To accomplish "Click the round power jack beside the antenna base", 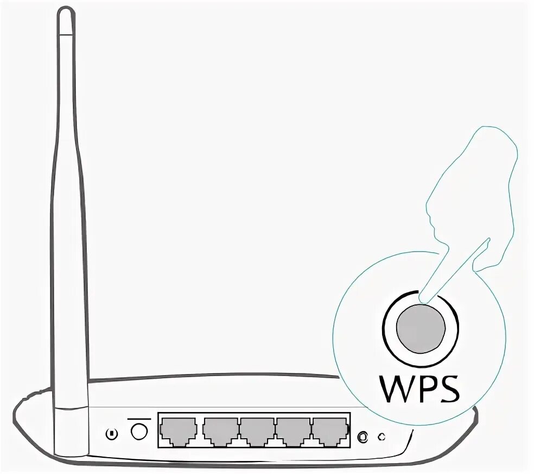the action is [x=139, y=432].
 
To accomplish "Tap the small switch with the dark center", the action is [x=112, y=434].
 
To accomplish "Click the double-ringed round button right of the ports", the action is [x=364, y=436].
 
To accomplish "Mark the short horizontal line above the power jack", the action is [x=139, y=419].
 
